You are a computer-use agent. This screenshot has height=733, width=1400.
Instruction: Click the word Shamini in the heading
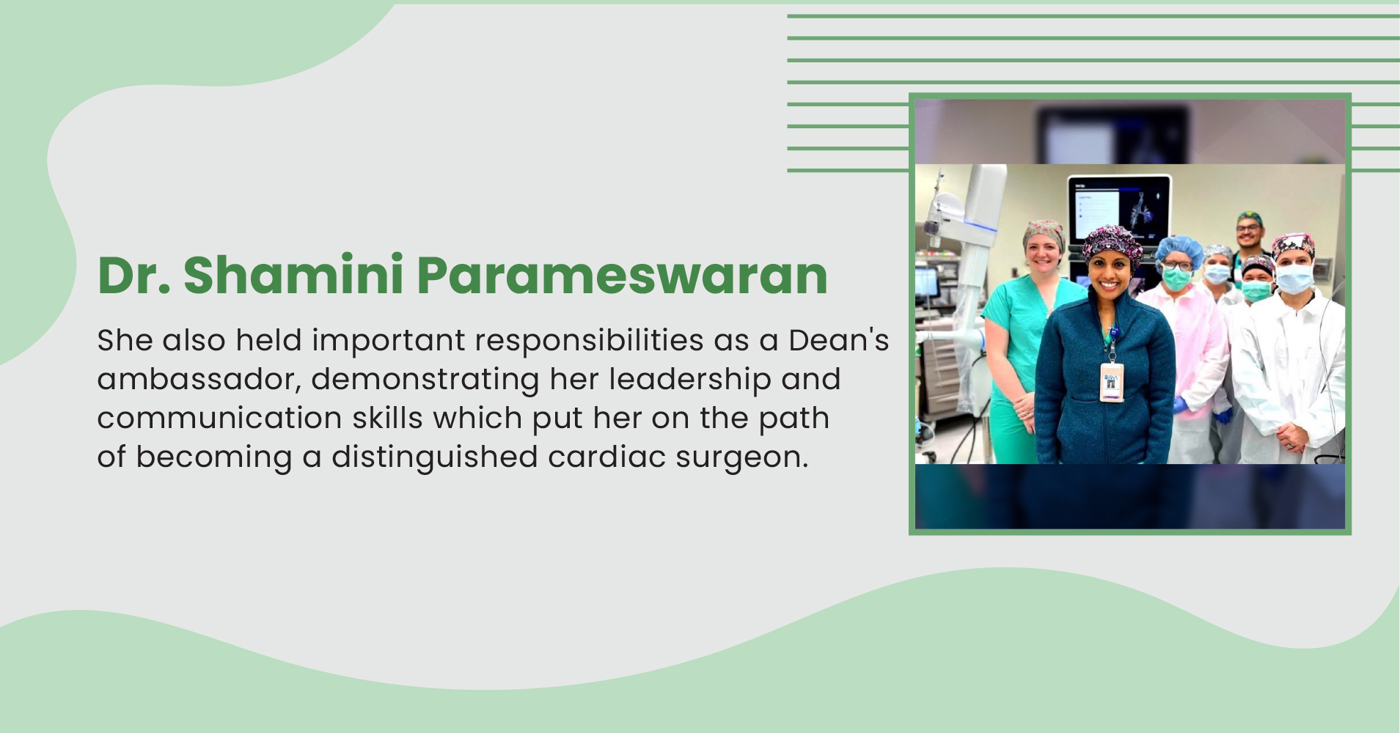tap(293, 276)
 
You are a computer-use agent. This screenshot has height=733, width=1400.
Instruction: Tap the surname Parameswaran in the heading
tap(622, 276)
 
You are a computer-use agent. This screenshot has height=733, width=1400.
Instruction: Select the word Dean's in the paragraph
tap(838, 340)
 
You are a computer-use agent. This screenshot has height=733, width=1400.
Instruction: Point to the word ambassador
tap(199, 379)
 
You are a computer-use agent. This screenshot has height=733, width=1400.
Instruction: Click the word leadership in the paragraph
tap(689, 379)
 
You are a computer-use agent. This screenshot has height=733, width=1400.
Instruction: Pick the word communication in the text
tap(219, 418)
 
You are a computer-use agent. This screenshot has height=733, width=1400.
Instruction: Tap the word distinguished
tap(435, 457)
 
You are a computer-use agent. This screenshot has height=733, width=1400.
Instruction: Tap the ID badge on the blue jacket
tap(1111, 381)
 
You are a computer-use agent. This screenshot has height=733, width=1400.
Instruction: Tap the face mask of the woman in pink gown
tap(1176, 278)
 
